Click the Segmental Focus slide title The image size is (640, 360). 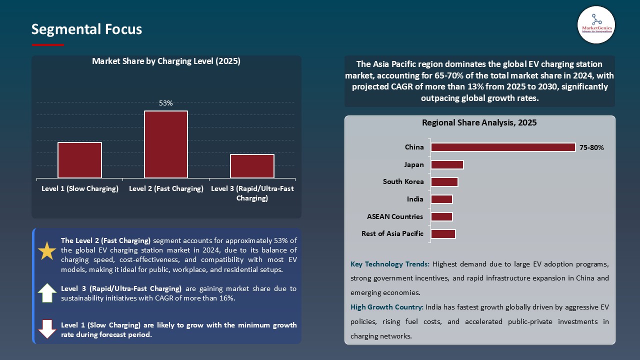pyautogui.click(x=86, y=29)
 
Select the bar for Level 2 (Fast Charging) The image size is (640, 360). pyautogui.click(x=166, y=144)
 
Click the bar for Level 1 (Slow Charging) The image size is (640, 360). pyautogui.click(x=79, y=160)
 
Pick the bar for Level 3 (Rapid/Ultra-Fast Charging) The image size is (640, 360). pyautogui.click(x=252, y=166)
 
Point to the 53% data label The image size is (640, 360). pyautogui.click(x=166, y=103)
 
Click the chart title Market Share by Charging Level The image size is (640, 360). pyautogui.click(x=166, y=61)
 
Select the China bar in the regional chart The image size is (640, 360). pyautogui.click(x=503, y=147)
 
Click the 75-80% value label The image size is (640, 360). pyautogui.click(x=591, y=148)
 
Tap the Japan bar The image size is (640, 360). pyautogui.click(x=447, y=165)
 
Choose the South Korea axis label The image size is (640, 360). pyautogui.click(x=403, y=182)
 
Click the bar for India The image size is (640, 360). pyautogui.click(x=441, y=199)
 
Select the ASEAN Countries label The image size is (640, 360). pyautogui.click(x=395, y=216)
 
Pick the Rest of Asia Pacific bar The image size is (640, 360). pyautogui.click(x=443, y=234)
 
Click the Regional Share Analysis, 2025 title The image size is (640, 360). pyautogui.click(x=479, y=123)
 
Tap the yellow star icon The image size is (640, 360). pyautogui.click(x=47, y=251)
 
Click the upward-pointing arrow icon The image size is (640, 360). pyautogui.click(x=47, y=293)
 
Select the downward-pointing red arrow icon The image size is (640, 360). pyautogui.click(x=47, y=329)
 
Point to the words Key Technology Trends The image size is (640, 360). pyautogui.click(x=389, y=264)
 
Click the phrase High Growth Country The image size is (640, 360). pyautogui.click(x=386, y=307)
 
